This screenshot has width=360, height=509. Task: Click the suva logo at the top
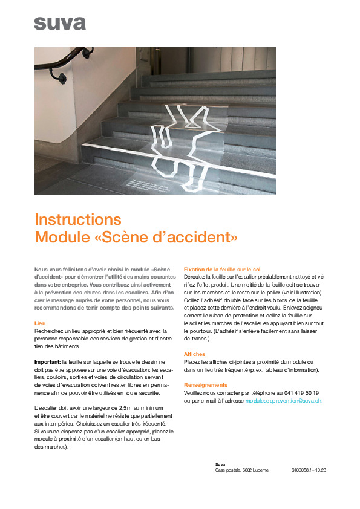point(60,24)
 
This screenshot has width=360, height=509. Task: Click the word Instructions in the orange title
point(78,219)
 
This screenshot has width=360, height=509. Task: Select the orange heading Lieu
point(40,323)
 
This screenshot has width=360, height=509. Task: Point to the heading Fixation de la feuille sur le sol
point(222,268)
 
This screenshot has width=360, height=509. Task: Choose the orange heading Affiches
point(194,354)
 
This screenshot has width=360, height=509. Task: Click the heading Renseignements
point(206,385)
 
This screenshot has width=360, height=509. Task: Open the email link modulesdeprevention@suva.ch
point(283,400)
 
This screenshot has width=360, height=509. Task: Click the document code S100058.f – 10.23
point(309,470)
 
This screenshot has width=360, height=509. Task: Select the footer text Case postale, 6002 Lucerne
point(242,470)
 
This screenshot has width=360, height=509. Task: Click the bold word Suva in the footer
point(220,464)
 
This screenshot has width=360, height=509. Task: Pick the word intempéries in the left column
point(54,424)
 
